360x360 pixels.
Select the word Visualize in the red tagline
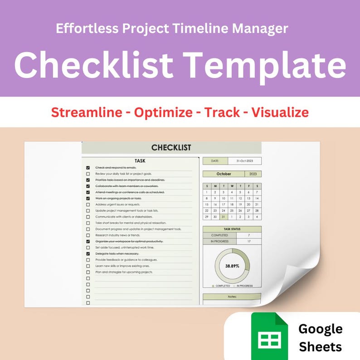[280, 112]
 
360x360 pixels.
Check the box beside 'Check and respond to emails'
[88, 168]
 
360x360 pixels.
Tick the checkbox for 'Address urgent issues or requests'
[88, 204]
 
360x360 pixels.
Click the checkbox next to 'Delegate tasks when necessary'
[88, 254]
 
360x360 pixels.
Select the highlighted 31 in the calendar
[223, 217]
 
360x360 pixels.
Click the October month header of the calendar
[223, 174]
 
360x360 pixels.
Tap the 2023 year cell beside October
[253, 174]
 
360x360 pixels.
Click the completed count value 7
[248, 235]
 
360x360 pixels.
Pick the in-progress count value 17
[248, 242]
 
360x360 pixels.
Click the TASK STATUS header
[232, 229]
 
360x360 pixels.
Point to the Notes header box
[232, 297]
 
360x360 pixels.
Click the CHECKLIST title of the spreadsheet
[171, 148]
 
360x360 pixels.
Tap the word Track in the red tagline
[222, 112]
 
